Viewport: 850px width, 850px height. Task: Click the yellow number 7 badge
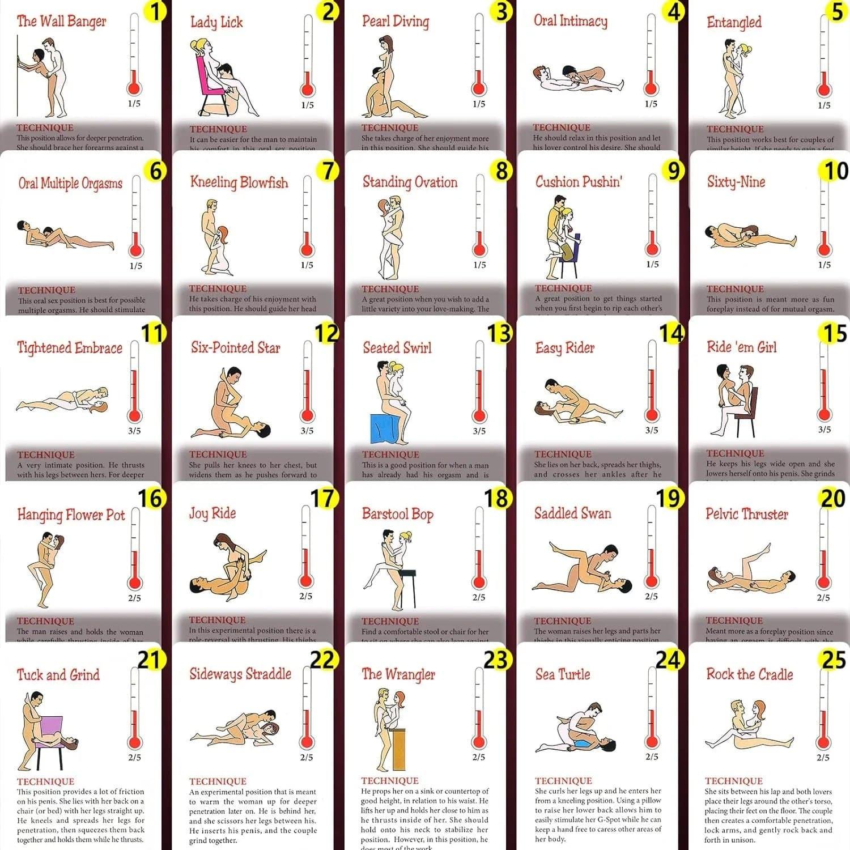tap(328, 171)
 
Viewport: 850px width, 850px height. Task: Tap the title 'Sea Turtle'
tap(563, 674)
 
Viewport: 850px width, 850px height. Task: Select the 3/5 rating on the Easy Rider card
tap(652, 430)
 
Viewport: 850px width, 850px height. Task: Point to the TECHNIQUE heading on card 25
tap(734, 780)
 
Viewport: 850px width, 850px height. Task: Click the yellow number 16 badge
tap(151, 499)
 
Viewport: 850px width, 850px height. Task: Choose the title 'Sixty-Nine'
tap(736, 181)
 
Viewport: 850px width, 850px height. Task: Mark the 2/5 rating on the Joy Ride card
tap(305, 596)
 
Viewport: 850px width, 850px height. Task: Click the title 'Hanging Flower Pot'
tap(71, 515)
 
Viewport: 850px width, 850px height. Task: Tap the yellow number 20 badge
tap(832, 499)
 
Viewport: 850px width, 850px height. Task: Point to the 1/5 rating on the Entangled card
tap(824, 105)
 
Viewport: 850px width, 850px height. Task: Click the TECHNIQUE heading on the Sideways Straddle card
tap(218, 781)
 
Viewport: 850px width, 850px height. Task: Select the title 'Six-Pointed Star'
tap(235, 347)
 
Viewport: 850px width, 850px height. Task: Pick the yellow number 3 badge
tap(500, 12)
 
